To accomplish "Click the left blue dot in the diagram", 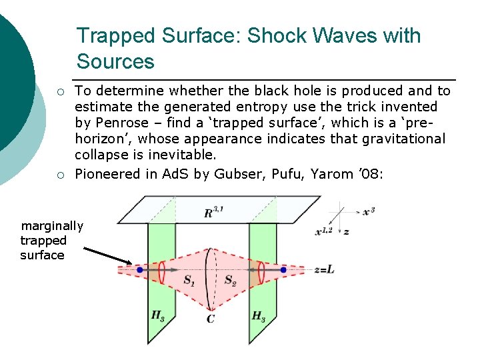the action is pyautogui.click(x=139, y=270).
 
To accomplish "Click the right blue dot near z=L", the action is pyautogui.click(x=283, y=270).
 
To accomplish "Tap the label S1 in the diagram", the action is pyautogui.click(x=189, y=281).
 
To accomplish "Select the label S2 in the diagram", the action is pyautogui.click(x=231, y=281).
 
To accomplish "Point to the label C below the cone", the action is pyautogui.click(x=210, y=319).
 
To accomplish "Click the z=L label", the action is pyautogui.click(x=325, y=270).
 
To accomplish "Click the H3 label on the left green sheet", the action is pyautogui.click(x=158, y=316).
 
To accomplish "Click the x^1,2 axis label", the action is pyautogui.click(x=325, y=231).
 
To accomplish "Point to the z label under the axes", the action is pyautogui.click(x=346, y=231).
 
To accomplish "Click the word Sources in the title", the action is pyautogui.click(x=115, y=61).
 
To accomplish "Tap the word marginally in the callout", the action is pyautogui.click(x=52, y=226).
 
